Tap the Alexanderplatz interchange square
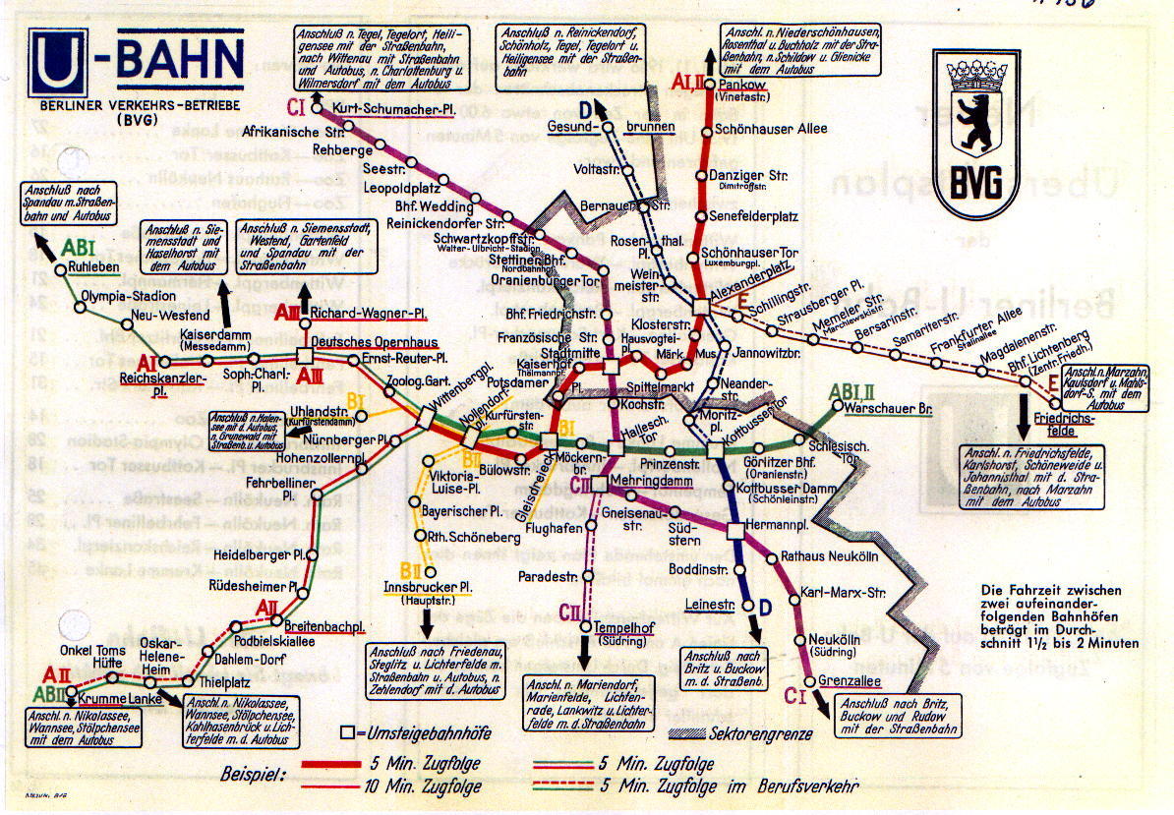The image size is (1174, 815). (700, 306)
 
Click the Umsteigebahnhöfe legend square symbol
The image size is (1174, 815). (346, 732)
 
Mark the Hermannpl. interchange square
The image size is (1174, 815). (735, 531)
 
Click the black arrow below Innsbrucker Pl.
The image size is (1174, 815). (427, 622)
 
